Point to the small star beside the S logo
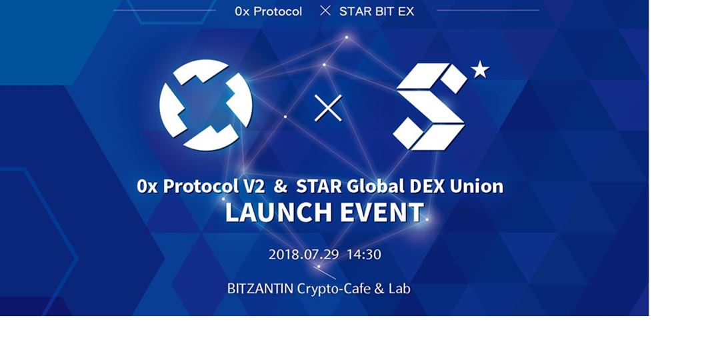480,69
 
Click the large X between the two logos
328,108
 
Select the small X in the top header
325,11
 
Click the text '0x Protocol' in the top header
269,11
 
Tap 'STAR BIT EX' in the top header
377,11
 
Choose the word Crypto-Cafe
330,289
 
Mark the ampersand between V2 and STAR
280,186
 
